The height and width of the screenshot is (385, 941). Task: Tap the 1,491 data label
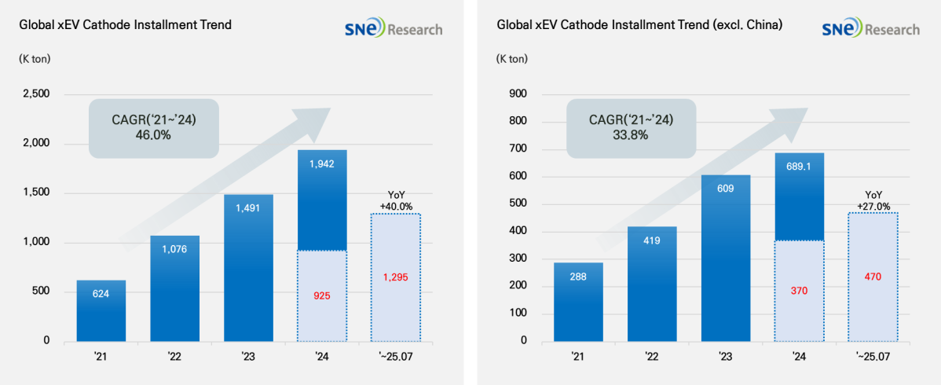point(247,208)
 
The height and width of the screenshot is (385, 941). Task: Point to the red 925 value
point(321,296)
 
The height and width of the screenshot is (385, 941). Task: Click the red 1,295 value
point(395,277)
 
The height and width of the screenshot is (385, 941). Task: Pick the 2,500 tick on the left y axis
point(35,94)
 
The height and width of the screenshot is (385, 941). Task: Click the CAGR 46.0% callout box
point(152,126)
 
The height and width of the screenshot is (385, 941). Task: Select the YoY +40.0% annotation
point(395,200)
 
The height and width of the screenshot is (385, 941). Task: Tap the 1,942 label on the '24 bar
point(321,164)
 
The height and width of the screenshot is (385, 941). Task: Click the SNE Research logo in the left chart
point(393,29)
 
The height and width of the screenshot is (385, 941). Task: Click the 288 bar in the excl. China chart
point(578,302)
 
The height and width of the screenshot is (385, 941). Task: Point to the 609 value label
point(725,189)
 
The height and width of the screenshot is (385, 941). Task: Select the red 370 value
point(799,291)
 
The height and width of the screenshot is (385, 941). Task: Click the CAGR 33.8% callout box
point(631,126)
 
